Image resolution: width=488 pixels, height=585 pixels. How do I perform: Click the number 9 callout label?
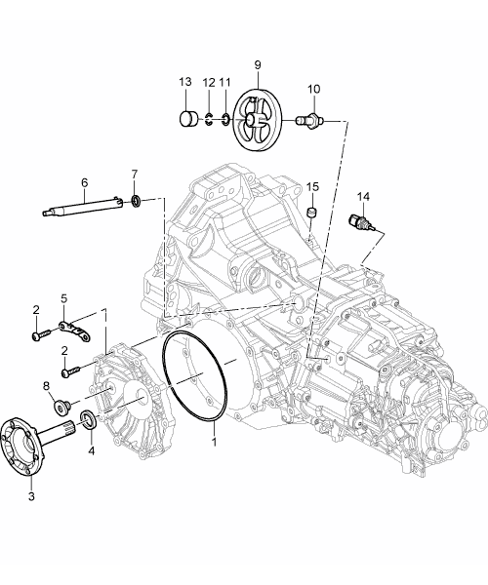(258, 64)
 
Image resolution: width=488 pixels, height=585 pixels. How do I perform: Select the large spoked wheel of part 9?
(258, 119)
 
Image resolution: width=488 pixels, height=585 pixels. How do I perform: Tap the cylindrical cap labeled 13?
(189, 119)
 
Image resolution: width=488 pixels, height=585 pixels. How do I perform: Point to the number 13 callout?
(185, 82)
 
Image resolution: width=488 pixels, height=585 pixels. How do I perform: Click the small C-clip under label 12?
(209, 120)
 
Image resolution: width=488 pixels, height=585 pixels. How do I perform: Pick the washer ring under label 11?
(225, 119)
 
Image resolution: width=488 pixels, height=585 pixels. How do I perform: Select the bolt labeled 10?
(309, 120)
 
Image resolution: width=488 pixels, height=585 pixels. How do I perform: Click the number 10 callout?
(314, 89)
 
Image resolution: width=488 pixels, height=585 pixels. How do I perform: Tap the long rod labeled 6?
(83, 207)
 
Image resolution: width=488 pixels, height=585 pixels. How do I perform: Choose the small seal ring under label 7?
(137, 200)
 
